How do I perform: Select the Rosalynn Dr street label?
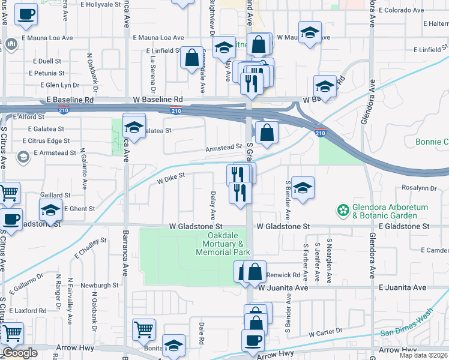[426, 187]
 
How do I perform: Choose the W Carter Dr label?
[325, 331]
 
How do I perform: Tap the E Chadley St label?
[91, 247]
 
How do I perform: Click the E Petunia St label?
[46, 73]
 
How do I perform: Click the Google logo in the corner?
[20, 353]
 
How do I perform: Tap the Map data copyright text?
[423, 355]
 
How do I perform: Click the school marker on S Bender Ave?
[303, 187]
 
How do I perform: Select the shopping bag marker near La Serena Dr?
[192, 58]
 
